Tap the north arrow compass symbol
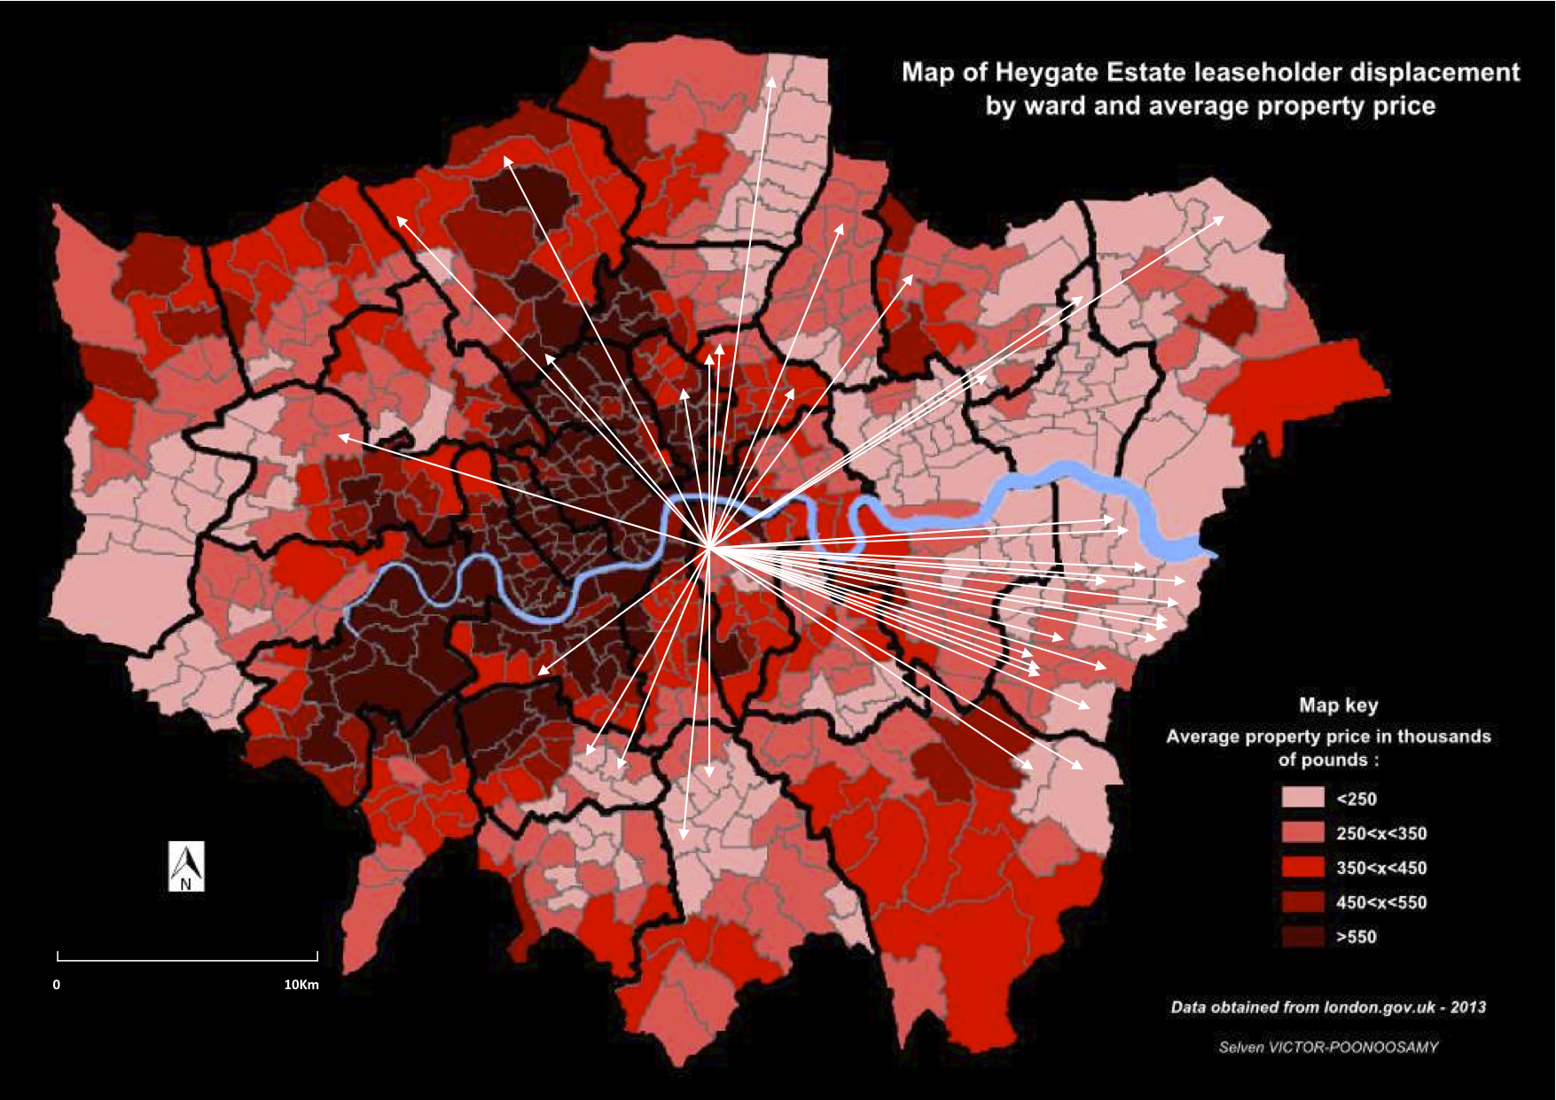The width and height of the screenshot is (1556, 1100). click(186, 866)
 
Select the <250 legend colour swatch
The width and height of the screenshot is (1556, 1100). click(1302, 798)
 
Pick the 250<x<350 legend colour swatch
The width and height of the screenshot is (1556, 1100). click(1302, 832)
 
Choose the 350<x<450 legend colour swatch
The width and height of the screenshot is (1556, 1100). click(1302, 867)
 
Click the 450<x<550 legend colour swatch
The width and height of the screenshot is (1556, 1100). click(1302, 901)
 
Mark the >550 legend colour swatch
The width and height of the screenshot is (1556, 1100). click(1302, 936)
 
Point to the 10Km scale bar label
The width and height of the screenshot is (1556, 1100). click(301, 985)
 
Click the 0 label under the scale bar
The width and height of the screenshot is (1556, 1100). click(57, 985)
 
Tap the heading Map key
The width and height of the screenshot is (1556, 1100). click(1338, 706)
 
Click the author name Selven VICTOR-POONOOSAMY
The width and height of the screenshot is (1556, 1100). click(1328, 1048)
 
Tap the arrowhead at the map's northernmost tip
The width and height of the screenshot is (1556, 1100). click(772, 79)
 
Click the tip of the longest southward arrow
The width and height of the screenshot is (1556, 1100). click(684, 836)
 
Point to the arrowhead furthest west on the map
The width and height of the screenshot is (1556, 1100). click(341, 436)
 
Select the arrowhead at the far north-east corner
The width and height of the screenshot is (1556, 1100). click(1222, 217)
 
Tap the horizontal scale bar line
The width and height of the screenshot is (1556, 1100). click(187, 960)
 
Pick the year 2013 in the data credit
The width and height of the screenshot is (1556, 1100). click(1468, 1008)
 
